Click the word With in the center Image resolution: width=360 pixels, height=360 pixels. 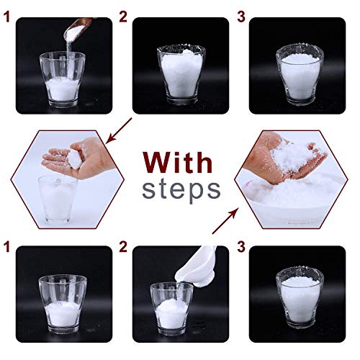pyautogui.click(x=178, y=162)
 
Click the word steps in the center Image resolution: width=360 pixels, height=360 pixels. pyautogui.click(x=181, y=190)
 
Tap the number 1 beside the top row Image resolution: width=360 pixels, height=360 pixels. pyautogui.click(x=7, y=17)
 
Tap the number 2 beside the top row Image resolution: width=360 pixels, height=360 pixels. pyautogui.click(x=123, y=17)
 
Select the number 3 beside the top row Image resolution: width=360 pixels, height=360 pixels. pyautogui.click(x=241, y=17)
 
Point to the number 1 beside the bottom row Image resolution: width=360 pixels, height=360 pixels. pyautogui.click(x=7, y=247)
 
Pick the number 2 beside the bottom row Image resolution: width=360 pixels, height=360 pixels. pyautogui.click(x=123, y=247)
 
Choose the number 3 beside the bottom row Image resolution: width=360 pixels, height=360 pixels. pyautogui.click(x=241, y=247)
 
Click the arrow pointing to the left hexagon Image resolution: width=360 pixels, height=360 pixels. pyautogui.click(x=119, y=131)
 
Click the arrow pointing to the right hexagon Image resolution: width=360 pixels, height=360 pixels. pyautogui.click(x=225, y=221)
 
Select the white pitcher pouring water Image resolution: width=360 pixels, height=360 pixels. pyautogui.click(x=196, y=267)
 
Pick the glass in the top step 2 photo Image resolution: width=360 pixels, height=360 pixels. pyautogui.click(x=181, y=76)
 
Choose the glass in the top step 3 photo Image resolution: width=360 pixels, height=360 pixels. pyautogui.click(x=300, y=74)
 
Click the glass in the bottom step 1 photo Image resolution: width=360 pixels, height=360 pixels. pyautogui.click(x=63, y=305)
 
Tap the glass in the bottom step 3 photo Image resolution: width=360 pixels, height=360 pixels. pyautogui.click(x=300, y=297)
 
